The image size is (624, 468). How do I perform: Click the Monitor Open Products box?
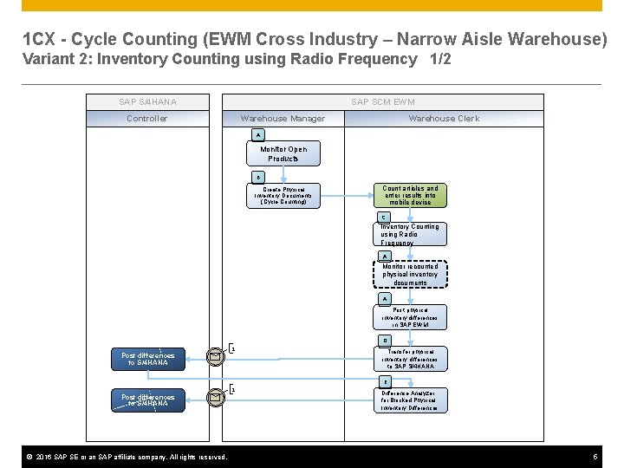283,153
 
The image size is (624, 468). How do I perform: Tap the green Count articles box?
410,195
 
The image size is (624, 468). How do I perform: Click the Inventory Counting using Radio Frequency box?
410,235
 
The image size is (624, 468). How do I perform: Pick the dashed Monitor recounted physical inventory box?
410,275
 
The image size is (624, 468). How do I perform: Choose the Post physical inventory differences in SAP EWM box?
410,316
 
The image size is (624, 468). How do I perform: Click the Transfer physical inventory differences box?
410,358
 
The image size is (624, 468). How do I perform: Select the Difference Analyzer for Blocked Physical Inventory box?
410,400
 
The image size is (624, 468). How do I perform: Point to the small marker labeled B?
257,176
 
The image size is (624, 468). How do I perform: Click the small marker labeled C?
385,217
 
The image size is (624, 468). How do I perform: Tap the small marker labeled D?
385,341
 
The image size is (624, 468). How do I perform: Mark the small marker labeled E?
385,381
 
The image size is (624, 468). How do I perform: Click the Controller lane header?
147,119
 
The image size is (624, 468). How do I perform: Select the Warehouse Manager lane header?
283,119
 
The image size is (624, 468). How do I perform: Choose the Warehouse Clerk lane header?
444,119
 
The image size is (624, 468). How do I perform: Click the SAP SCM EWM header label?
382,102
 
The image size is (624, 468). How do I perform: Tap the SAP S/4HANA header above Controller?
147,102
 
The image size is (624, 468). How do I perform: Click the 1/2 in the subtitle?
440,59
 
